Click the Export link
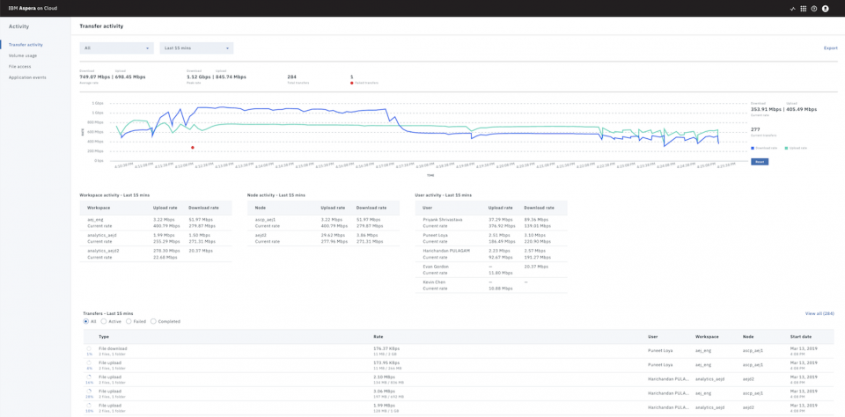coord(830,48)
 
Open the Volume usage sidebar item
coord(23,55)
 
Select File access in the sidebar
coord(20,67)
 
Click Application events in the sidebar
coord(27,77)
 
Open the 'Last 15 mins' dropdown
coord(195,48)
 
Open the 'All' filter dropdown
coord(116,48)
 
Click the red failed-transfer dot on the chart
coord(193,148)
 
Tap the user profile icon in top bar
coord(825,9)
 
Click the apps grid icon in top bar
coord(803,9)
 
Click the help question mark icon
coord(814,9)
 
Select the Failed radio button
coord(129,321)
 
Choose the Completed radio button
coord(153,321)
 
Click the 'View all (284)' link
coord(819,313)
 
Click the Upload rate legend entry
coord(795,148)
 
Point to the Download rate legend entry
coord(764,148)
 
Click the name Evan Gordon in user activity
coord(436,267)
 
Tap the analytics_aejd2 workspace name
coord(103,251)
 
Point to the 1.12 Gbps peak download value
coord(199,77)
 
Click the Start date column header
coord(801,336)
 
